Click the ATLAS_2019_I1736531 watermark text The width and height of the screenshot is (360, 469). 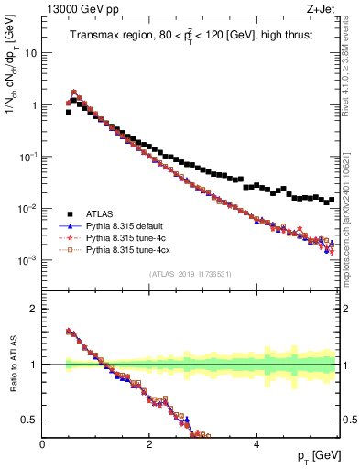(190, 273)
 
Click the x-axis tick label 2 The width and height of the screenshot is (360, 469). (149, 444)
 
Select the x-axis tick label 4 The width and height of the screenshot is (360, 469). (256, 444)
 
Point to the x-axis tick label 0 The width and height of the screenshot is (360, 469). (42, 444)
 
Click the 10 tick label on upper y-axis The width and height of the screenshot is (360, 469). (31, 53)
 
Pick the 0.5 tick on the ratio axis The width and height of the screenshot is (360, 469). (30, 420)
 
